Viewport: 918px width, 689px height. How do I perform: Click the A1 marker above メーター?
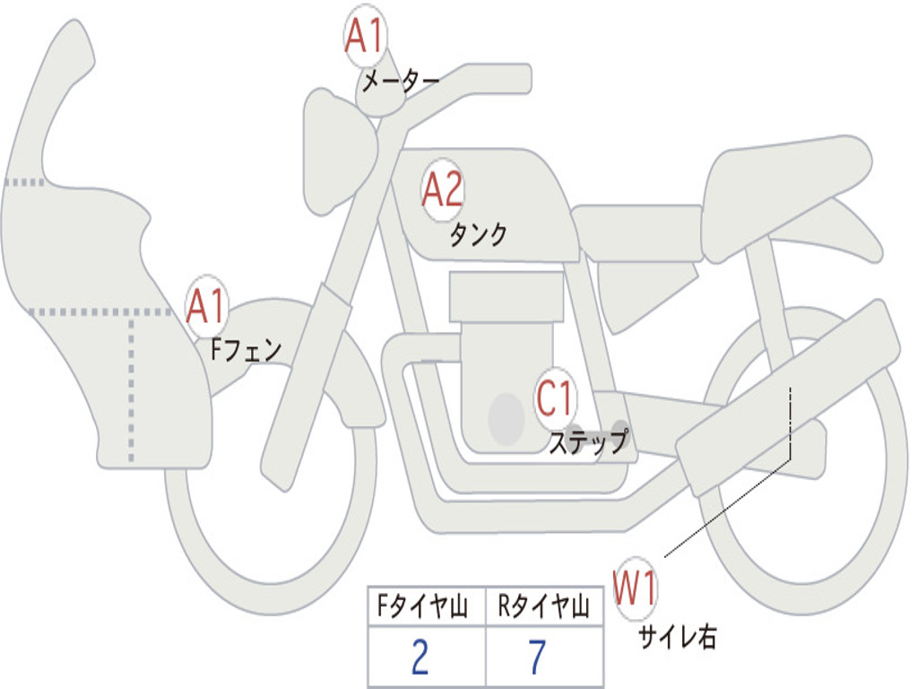click(364, 36)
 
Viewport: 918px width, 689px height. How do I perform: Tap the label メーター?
click(401, 81)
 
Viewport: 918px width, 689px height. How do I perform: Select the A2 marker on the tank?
click(443, 190)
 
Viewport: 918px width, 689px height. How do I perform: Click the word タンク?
click(478, 234)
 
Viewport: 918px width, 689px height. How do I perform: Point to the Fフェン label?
click(246, 350)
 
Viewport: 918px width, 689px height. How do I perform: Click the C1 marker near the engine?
click(555, 398)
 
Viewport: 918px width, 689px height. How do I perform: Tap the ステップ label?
click(589, 441)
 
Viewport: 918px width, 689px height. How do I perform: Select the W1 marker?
click(635, 589)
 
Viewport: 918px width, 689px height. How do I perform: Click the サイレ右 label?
click(678, 636)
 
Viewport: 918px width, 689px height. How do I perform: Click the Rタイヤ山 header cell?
click(544, 606)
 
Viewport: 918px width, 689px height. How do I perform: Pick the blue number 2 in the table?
click(420, 657)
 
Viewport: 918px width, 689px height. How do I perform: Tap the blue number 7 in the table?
click(538, 657)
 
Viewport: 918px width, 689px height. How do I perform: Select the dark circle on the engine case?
click(507, 418)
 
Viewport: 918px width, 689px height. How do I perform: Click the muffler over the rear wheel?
click(788, 398)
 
